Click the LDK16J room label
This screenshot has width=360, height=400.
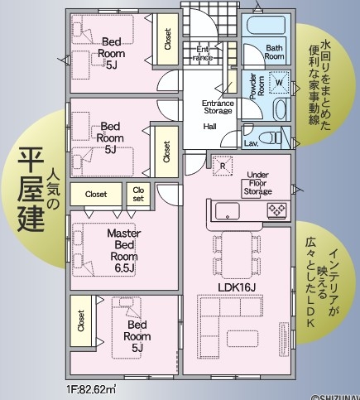pyautogui.click(x=237, y=287)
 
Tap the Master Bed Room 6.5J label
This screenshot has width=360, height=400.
pyautogui.click(x=124, y=250)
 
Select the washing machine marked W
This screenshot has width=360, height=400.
pyautogui.click(x=279, y=82)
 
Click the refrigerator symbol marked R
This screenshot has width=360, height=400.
pyautogui.click(x=223, y=166)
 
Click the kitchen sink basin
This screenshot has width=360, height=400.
pyautogui.click(x=227, y=211)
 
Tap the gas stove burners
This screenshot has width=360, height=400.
pyautogui.click(x=276, y=210)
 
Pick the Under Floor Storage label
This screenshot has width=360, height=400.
pyautogui.click(x=257, y=183)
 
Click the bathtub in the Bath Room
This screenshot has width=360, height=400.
pyautogui.click(x=266, y=26)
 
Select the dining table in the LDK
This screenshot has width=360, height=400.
pyautogui.click(x=237, y=255)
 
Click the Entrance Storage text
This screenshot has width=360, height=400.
pyautogui.click(x=218, y=107)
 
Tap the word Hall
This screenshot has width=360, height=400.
pyautogui.click(x=209, y=127)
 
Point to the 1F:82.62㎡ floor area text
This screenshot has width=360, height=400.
pyautogui.click(x=91, y=390)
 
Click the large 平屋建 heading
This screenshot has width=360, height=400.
pyautogui.click(x=31, y=189)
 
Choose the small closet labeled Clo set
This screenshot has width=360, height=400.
pyautogui.click(x=138, y=194)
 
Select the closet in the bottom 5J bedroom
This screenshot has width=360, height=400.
pyautogui.click(x=81, y=320)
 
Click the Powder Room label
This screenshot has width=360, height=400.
pyautogui.click(x=257, y=86)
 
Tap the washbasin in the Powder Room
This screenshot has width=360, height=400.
pyautogui.click(x=280, y=109)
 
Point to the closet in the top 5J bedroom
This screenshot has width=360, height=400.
pyautogui.click(x=167, y=39)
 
